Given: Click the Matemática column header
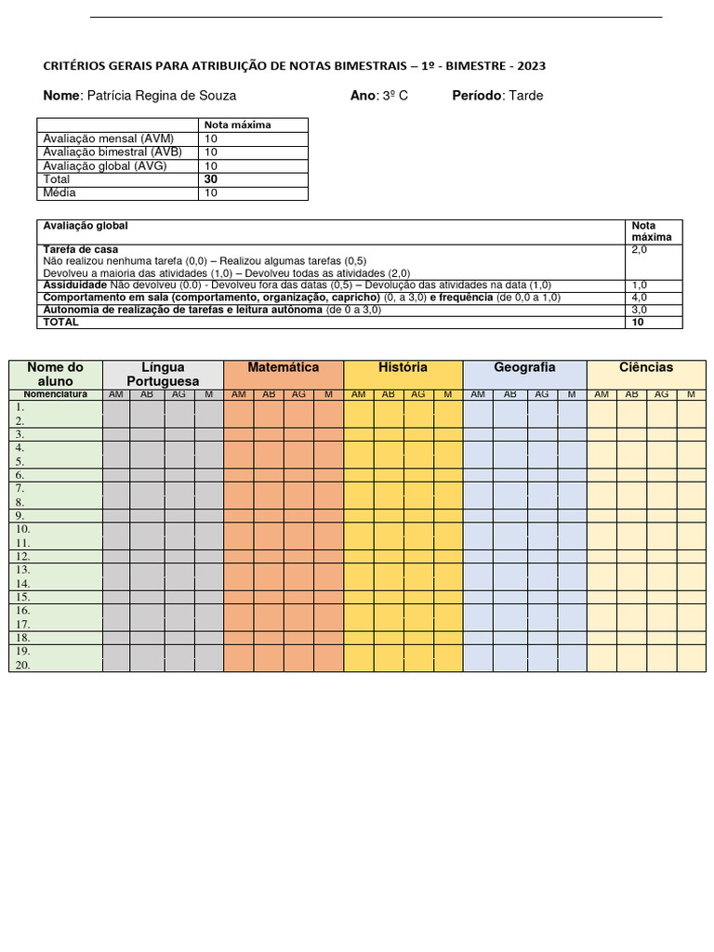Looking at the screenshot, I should coord(284,368).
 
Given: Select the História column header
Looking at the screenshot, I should coord(403,368).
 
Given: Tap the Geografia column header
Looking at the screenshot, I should coord(524,368).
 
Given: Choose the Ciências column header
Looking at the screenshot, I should coord(646,368).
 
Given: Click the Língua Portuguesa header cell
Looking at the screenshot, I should coord(163,375).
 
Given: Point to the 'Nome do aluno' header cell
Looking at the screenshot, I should coord(55,375).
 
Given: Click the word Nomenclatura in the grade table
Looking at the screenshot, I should coord(55,394).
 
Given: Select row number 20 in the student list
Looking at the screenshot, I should coord(22,665).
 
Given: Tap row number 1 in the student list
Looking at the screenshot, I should coord(20,407).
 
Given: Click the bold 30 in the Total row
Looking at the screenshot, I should coord(211,178).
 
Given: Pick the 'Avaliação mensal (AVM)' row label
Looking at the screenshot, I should coord(108,139).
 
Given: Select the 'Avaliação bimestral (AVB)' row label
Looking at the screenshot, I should coord(112,152).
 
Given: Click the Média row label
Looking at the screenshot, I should coord(59,192).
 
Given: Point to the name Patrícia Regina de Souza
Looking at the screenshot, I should coord(161,96).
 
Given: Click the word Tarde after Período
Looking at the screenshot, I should coord(526,96).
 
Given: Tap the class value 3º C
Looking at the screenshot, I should coord(393,96).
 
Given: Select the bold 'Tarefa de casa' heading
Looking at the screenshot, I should coord(81,250).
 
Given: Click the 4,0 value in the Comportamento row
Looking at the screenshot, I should coord(640,297).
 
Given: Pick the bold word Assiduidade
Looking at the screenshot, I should coord(74,285).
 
